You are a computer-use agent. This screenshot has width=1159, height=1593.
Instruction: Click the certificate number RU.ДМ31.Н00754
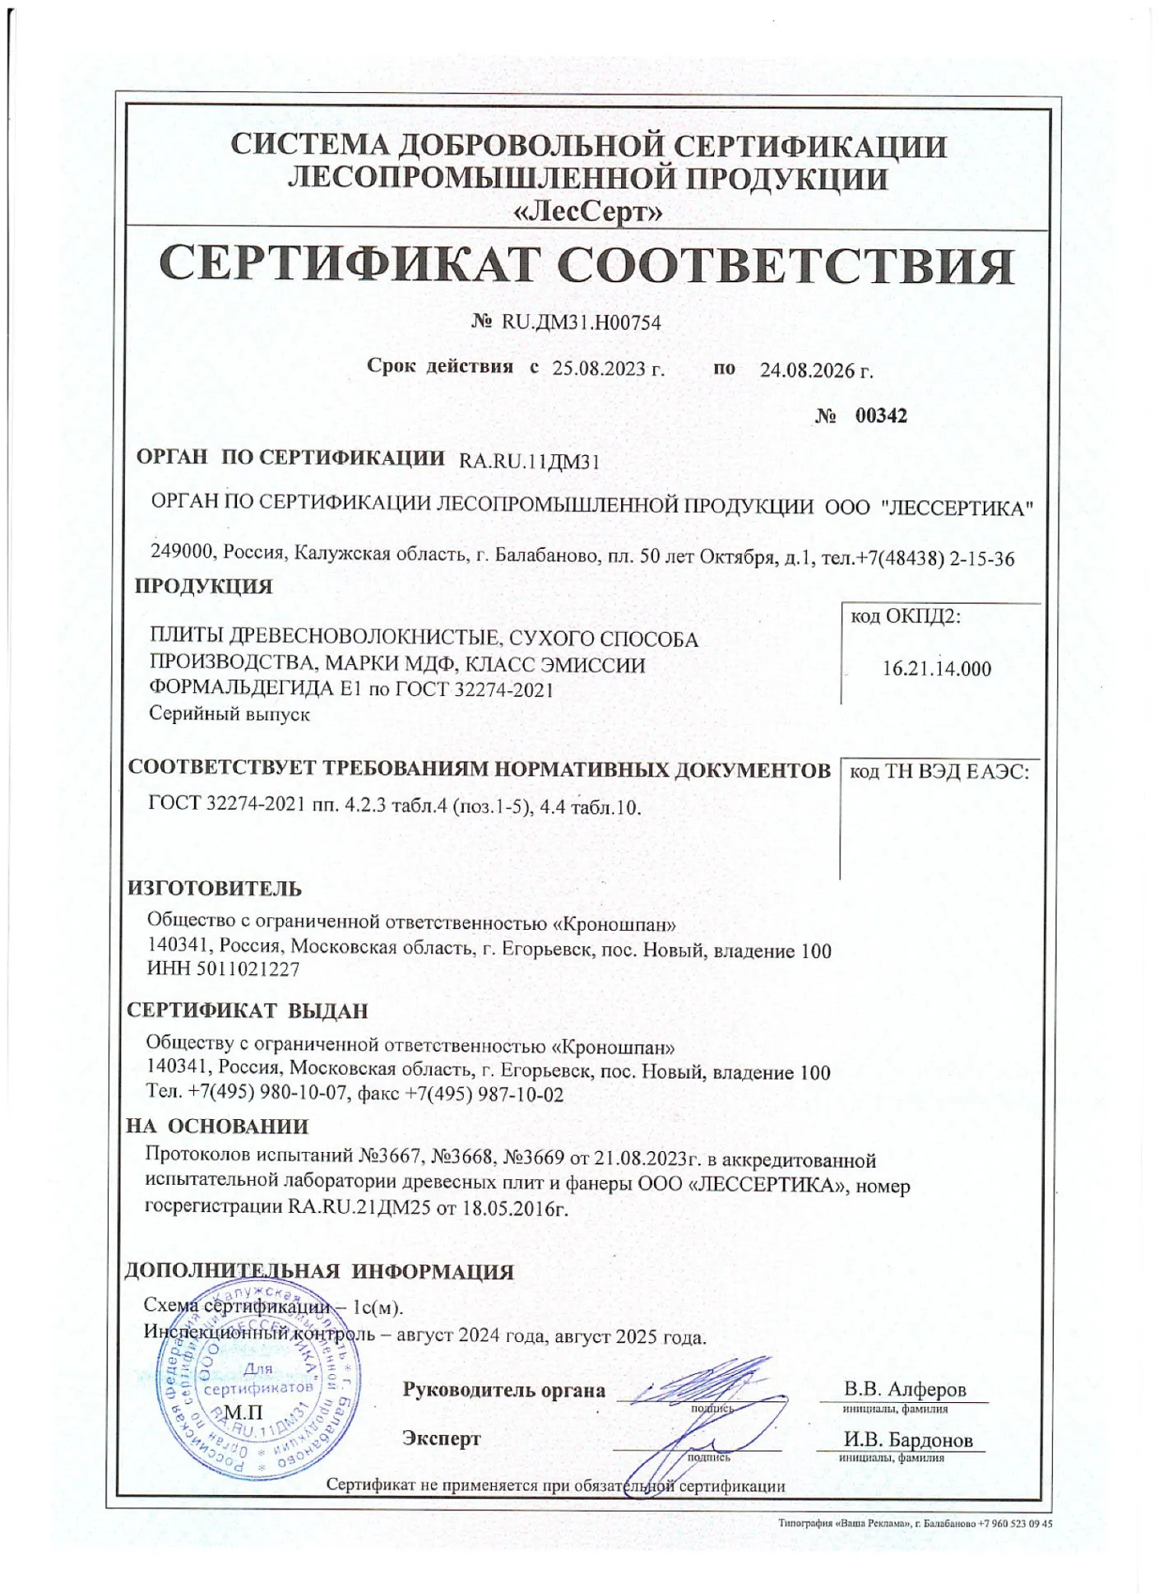point(581,323)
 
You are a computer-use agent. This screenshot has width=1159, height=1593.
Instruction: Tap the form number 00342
point(881,416)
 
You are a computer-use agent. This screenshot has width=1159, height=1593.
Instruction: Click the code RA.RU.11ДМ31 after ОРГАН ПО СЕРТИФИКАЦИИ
point(529,462)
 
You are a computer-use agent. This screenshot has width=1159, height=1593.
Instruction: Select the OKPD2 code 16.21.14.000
point(937,669)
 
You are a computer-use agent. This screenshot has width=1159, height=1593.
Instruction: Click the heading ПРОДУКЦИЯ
point(203,587)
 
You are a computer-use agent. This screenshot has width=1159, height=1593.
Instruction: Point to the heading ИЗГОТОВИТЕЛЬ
point(215,889)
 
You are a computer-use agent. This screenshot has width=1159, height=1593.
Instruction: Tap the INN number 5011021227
point(248,969)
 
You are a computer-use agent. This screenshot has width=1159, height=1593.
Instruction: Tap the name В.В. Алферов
point(905,1390)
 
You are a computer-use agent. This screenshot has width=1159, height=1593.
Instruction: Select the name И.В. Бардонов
point(908,1440)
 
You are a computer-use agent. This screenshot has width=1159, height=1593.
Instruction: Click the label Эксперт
point(442,1438)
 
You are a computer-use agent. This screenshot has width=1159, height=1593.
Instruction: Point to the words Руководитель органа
point(503,1391)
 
